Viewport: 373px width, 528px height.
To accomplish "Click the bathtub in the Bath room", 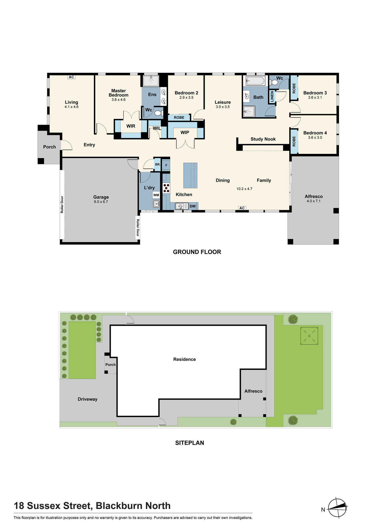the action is tap(255, 81).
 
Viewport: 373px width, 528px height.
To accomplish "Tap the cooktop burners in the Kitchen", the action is tap(166, 188).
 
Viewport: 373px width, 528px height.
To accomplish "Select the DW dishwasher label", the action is tap(193, 206).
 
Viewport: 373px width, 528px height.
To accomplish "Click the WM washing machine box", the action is tap(156, 195).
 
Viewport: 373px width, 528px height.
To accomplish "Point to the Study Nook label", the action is tap(263, 139).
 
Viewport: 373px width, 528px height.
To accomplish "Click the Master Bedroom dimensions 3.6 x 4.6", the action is tap(118, 100).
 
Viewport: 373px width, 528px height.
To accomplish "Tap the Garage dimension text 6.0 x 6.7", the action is tap(101, 202).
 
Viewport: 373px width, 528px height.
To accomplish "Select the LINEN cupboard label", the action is tap(272, 96).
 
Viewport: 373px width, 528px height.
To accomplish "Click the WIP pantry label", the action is tap(185, 133).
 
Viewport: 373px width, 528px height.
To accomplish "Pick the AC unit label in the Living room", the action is tap(71, 77).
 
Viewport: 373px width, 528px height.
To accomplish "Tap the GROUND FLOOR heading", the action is tap(197, 252).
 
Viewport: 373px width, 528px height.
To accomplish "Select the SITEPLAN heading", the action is tap(190, 443).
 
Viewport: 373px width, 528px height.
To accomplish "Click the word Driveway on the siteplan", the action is tap(88, 399).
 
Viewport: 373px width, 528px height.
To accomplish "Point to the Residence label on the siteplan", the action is tap(184, 359).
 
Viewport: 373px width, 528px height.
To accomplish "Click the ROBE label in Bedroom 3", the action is tap(294, 88).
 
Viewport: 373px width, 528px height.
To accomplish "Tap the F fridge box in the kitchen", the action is tap(166, 165).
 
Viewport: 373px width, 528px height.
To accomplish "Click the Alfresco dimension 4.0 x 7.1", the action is tap(314, 201).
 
